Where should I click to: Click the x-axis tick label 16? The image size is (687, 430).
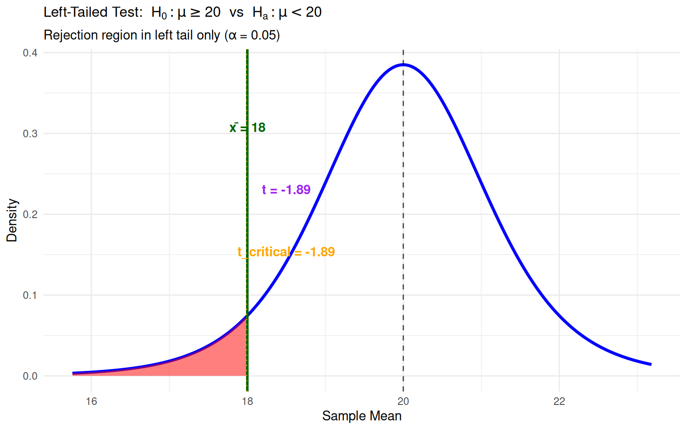pyautogui.click(x=91, y=401)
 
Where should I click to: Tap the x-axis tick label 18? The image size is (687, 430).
pyautogui.click(x=247, y=401)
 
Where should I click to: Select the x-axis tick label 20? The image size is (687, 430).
pyautogui.click(x=403, y=401)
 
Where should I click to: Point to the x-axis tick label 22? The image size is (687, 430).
pyautogui.click(x=559, y=401)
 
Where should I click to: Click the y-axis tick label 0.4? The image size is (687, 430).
pyautogui.click(x=30, y=53)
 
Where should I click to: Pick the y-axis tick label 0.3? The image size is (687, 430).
pyautogui.click(x=30, y=133)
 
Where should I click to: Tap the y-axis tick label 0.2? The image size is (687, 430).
pyautogui.click(x=30, y=214)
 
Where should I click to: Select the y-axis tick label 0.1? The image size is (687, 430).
pyautogui.click(x=30, y=295)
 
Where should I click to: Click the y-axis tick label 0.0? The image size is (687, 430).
pyautogui.click(x=30, y=376)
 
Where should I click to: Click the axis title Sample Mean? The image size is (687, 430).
pyautogui.click(x=361, y=416)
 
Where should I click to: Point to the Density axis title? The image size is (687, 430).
pyautogui.click(x=12, y=220)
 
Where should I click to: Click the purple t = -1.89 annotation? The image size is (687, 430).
pyautogui.click(x=286, y=190)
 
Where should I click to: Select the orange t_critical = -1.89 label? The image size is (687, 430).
pyautogui.click(x=286, y=252)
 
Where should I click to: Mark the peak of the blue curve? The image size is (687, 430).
pyautogui.click(x=403, y=65)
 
